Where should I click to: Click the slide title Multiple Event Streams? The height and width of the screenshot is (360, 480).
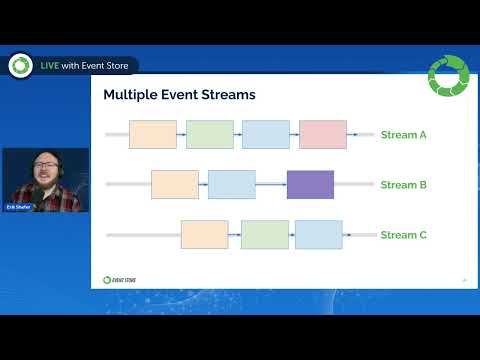tap(180, 95)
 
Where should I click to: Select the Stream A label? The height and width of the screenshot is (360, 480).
tap(404, 134)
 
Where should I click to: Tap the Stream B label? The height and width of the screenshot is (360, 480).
tap(404, 184)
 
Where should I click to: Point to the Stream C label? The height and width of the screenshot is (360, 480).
tap(404, 235)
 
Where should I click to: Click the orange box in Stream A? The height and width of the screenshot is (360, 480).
tap(153, 134)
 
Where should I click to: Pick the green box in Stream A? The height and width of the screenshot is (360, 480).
tap(209, 134)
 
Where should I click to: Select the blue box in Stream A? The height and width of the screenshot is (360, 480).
tap(265, 134)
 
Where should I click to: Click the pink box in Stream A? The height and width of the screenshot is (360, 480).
tap(322, 134)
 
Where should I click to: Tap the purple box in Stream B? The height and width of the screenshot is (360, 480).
tap(310, 184)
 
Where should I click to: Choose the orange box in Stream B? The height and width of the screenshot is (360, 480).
tap(175, 184)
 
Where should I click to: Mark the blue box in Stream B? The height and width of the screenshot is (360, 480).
tap(231, 184)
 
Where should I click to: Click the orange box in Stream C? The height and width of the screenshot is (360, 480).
tap(204, 235)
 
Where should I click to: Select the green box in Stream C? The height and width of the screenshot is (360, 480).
tap(264, 235)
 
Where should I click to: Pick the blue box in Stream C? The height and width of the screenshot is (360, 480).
tap(319, 235)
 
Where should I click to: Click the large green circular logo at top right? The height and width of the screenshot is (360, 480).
tap(447, 77)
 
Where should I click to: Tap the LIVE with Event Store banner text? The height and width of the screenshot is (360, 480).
tap(87, 65)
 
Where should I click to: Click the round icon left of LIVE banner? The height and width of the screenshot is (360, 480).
tap(19, 65)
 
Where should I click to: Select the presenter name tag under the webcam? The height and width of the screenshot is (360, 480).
tap(19, 206)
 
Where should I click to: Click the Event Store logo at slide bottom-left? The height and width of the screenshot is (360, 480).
tap(121, 279)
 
